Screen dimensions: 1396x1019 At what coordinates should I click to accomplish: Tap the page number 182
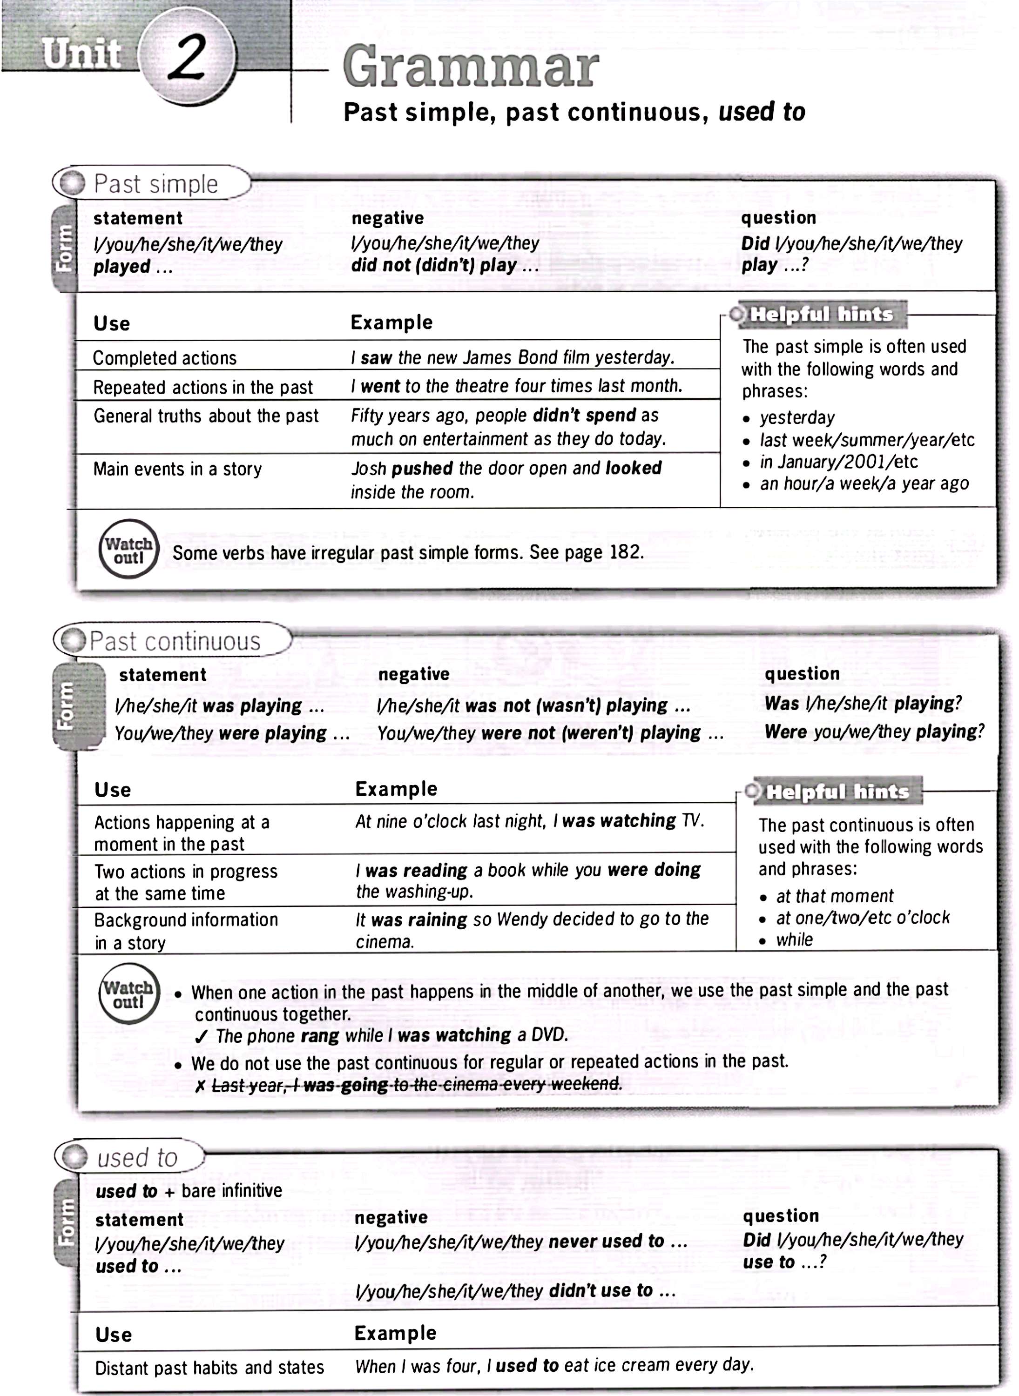[x=625, y=552]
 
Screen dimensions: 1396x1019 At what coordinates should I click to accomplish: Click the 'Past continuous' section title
[x=175, y=641]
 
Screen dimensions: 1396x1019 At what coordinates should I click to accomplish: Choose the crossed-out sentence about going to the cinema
[x=416, y=1085]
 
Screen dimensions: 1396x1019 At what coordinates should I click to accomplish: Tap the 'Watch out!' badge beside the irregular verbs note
[x=128, y=549]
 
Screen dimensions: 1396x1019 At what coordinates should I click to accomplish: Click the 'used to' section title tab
[x=137, y=1157]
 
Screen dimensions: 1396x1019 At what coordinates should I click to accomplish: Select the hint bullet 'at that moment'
[x=834, y=896]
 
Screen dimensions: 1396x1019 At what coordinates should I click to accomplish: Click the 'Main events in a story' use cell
[x=178, y=469]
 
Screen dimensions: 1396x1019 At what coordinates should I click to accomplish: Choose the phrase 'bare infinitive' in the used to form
[x=231, y=1191]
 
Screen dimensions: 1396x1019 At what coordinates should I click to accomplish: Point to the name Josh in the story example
[x=368, y=469]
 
